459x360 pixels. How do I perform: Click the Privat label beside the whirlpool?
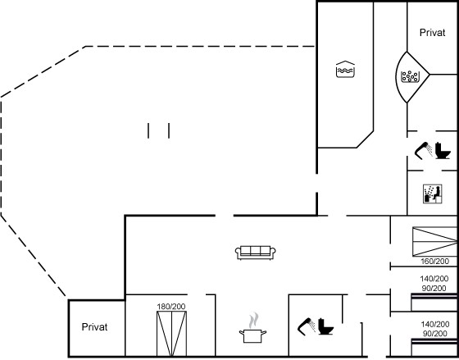coord(433,33)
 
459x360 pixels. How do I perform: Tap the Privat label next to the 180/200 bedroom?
coord(94,327)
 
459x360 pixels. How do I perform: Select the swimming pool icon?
coord(345,69)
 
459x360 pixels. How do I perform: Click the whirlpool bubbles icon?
coord(410,77)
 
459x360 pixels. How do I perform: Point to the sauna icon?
coord(433,194)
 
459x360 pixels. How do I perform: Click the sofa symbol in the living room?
coord(256,253)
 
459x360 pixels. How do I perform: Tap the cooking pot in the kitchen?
coord(253,335)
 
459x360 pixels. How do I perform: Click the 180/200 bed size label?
coord(171,307)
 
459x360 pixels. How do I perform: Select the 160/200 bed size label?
coord(434,261)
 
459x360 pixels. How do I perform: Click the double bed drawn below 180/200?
coord(171,334)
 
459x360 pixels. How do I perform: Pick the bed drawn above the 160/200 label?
coord(434,242)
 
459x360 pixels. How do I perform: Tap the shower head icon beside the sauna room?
coord(424,150)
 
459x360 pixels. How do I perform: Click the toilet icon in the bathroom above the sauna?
coord(443,151)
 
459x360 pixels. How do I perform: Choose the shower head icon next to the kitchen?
coord(307,326)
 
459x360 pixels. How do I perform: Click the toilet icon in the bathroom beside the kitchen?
coord(325,326)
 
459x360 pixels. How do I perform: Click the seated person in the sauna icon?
coord(437,193)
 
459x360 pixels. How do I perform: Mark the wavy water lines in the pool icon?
coord(345,71)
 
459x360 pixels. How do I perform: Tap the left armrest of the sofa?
coord(239,252)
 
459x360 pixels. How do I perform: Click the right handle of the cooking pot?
coord(264,333)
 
